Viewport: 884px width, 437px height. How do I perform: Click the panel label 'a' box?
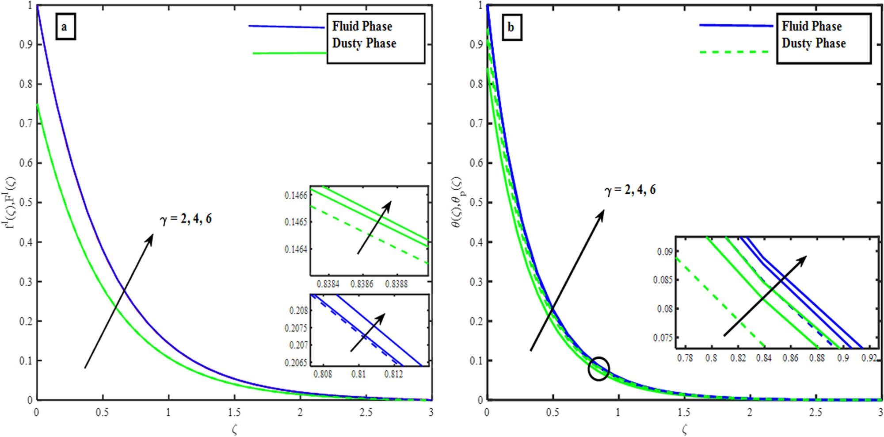[x=65, y=27]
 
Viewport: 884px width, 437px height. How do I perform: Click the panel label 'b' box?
[x=512, y=27]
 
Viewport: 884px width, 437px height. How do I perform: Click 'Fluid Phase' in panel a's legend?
[x=362, y=27]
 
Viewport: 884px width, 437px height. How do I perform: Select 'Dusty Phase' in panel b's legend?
[x=814, y=43]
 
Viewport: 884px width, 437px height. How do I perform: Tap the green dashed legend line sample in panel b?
[x=734, y=52]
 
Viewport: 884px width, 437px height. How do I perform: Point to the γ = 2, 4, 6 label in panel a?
[x=186, y=219]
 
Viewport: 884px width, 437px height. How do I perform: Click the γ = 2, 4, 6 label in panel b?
[x=630, y=190]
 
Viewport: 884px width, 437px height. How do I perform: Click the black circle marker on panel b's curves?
[x=599, y=368]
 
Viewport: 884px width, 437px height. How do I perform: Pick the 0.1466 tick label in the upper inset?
[x=296, y=195]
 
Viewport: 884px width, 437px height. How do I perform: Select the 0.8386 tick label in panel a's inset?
[x=362, y=284]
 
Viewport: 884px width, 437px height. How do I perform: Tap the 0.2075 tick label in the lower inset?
[x=296, y=328]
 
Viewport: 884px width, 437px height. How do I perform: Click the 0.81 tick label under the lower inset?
[x=358, y=374]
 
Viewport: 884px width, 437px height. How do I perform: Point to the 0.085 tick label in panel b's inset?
[x=663, y=280]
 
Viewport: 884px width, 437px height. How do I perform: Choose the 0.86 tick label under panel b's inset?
[x=790, y=358]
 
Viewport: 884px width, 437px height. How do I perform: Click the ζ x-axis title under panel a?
[x=234, y=429]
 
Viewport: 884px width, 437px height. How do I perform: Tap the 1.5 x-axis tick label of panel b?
[x=683, y=413]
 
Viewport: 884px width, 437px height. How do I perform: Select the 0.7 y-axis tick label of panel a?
[x=26, y=123]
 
